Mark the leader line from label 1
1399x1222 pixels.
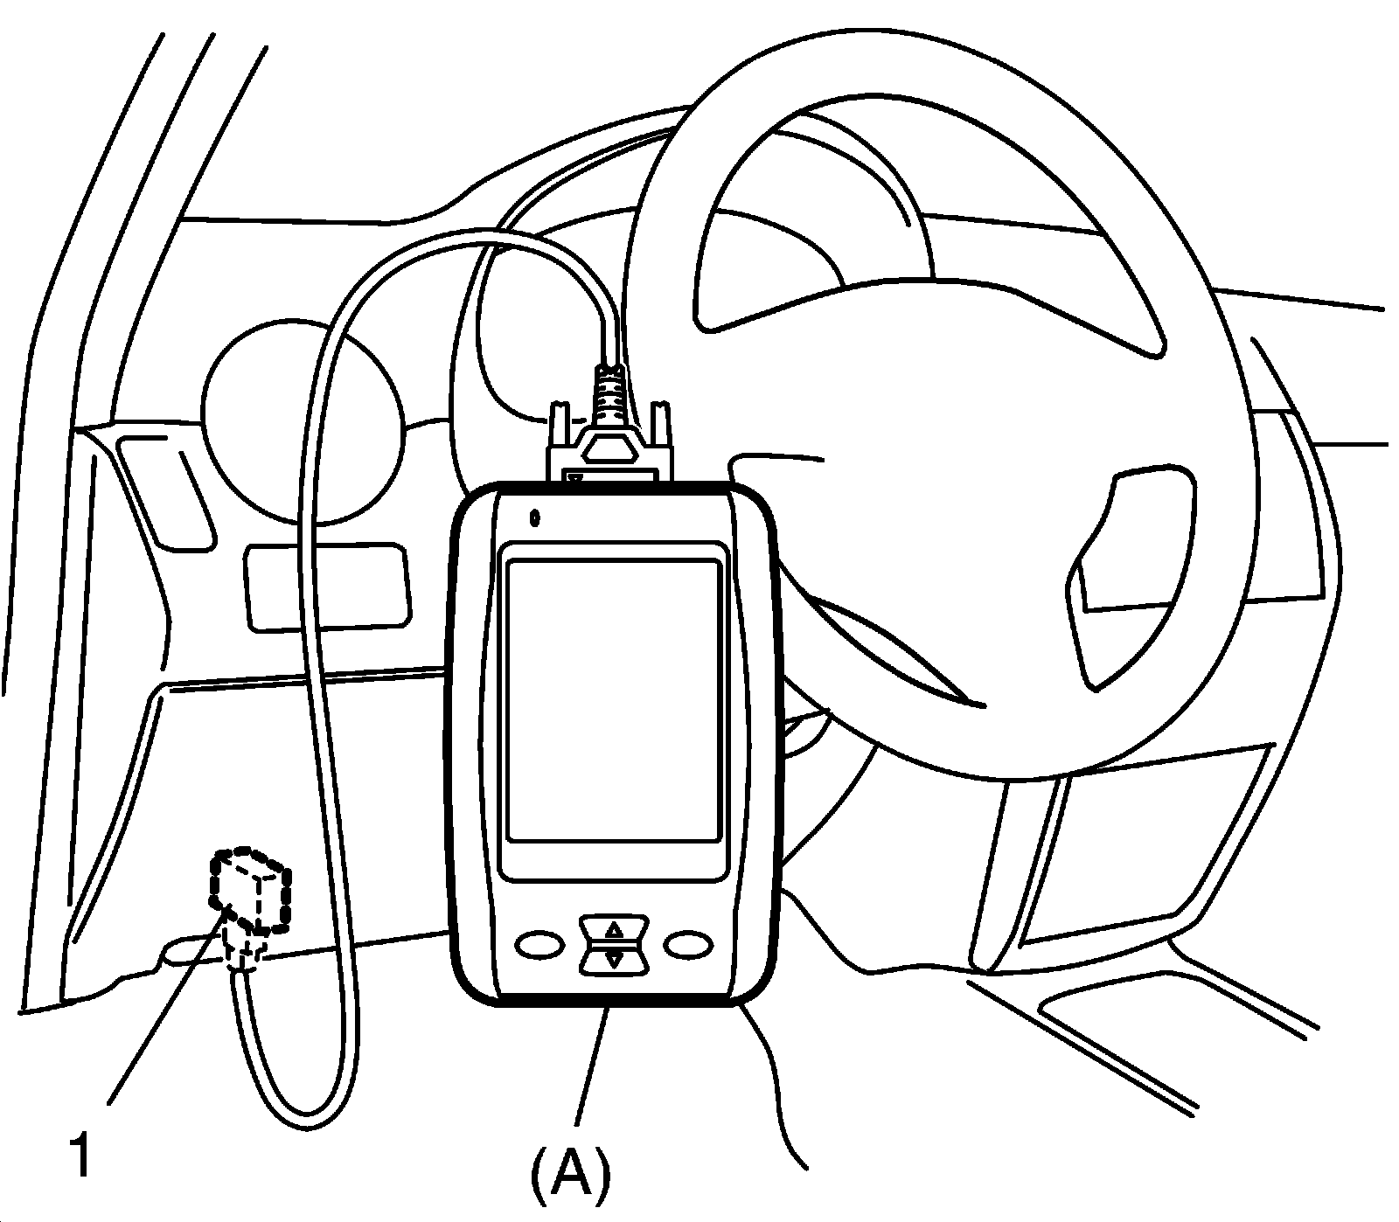166,1005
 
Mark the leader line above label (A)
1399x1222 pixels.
592,1062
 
